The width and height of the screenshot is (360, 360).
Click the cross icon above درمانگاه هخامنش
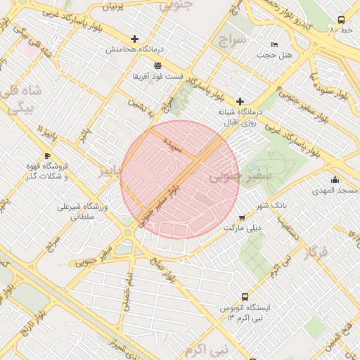pyautogui.click(x=134, y=39)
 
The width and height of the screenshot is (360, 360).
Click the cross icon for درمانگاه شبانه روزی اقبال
pyautogui.click(x=240, y=101)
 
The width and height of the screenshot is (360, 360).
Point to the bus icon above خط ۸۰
pyautogui.click(x=341, y=20)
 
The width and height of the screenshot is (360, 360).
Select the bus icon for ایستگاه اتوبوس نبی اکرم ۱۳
pyautogui.click(x=245, y=297)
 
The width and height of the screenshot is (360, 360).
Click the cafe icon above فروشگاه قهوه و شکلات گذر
pyautogui.click(x=47, y=156)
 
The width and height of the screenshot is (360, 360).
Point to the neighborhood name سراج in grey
pyautogui.click(x=233, y=39)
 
